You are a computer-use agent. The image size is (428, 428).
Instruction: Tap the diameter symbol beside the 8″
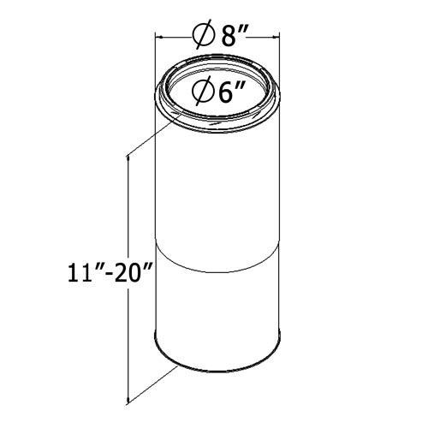[x=204, y=36]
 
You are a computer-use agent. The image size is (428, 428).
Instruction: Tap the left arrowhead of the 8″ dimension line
[x=159, y=37]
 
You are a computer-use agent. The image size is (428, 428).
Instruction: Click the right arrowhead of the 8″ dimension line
[x=276, y=37]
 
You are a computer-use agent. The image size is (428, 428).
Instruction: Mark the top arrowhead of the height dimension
[x=128, y=159]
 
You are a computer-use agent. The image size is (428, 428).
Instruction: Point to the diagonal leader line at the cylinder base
[x=154, y=381]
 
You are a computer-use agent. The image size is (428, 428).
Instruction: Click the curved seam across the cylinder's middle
[x=217, y=257]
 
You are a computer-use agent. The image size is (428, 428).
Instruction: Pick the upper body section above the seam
[x=217, y=188]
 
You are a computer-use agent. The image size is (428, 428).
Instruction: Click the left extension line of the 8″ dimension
[x=154, y=60]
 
